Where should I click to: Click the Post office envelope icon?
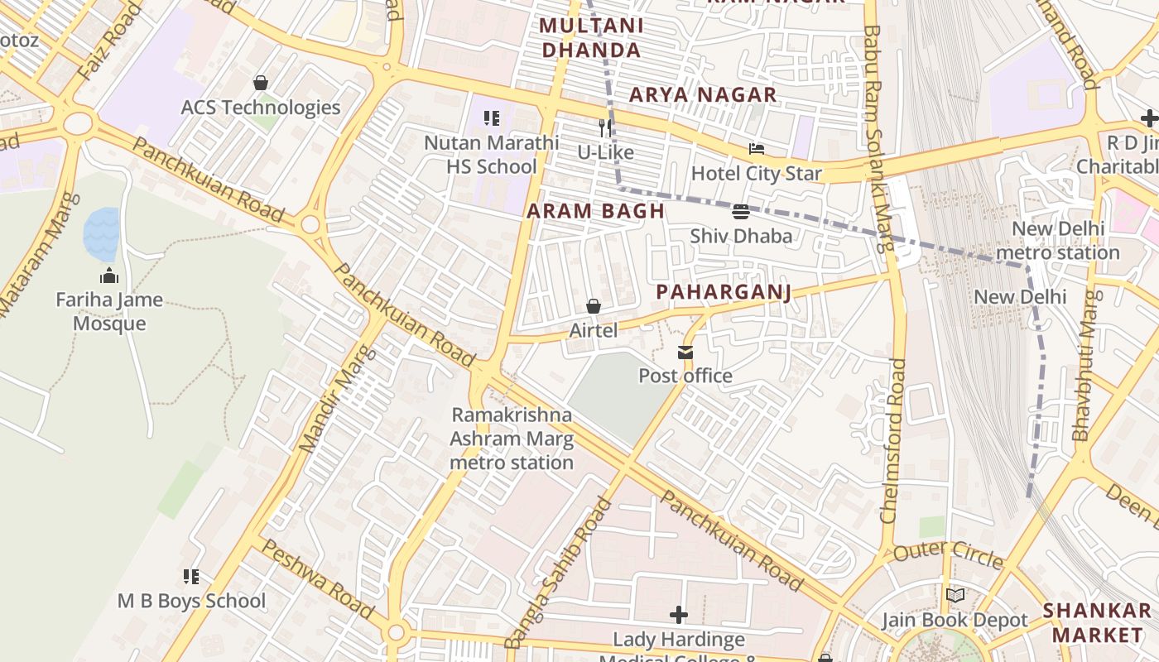point(685,353)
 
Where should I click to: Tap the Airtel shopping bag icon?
point(594,307)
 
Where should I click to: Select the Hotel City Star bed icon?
point(756,150)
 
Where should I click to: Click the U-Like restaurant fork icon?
point(605,128)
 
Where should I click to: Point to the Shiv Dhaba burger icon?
point(741,212)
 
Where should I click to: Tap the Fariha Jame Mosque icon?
point(108,276)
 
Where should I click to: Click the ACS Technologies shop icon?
point(261,84)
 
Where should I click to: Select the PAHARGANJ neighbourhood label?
point(724,292)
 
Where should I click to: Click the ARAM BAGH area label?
point(596,211)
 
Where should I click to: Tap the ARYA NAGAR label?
point(703,95)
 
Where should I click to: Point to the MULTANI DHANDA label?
point(590,38)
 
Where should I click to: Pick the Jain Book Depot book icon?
point(955,595)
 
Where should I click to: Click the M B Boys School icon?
point(191,577)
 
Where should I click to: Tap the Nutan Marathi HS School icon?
point(492,119)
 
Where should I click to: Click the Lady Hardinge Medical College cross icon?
point(679,615)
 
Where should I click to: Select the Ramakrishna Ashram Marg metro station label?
point(512,439)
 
